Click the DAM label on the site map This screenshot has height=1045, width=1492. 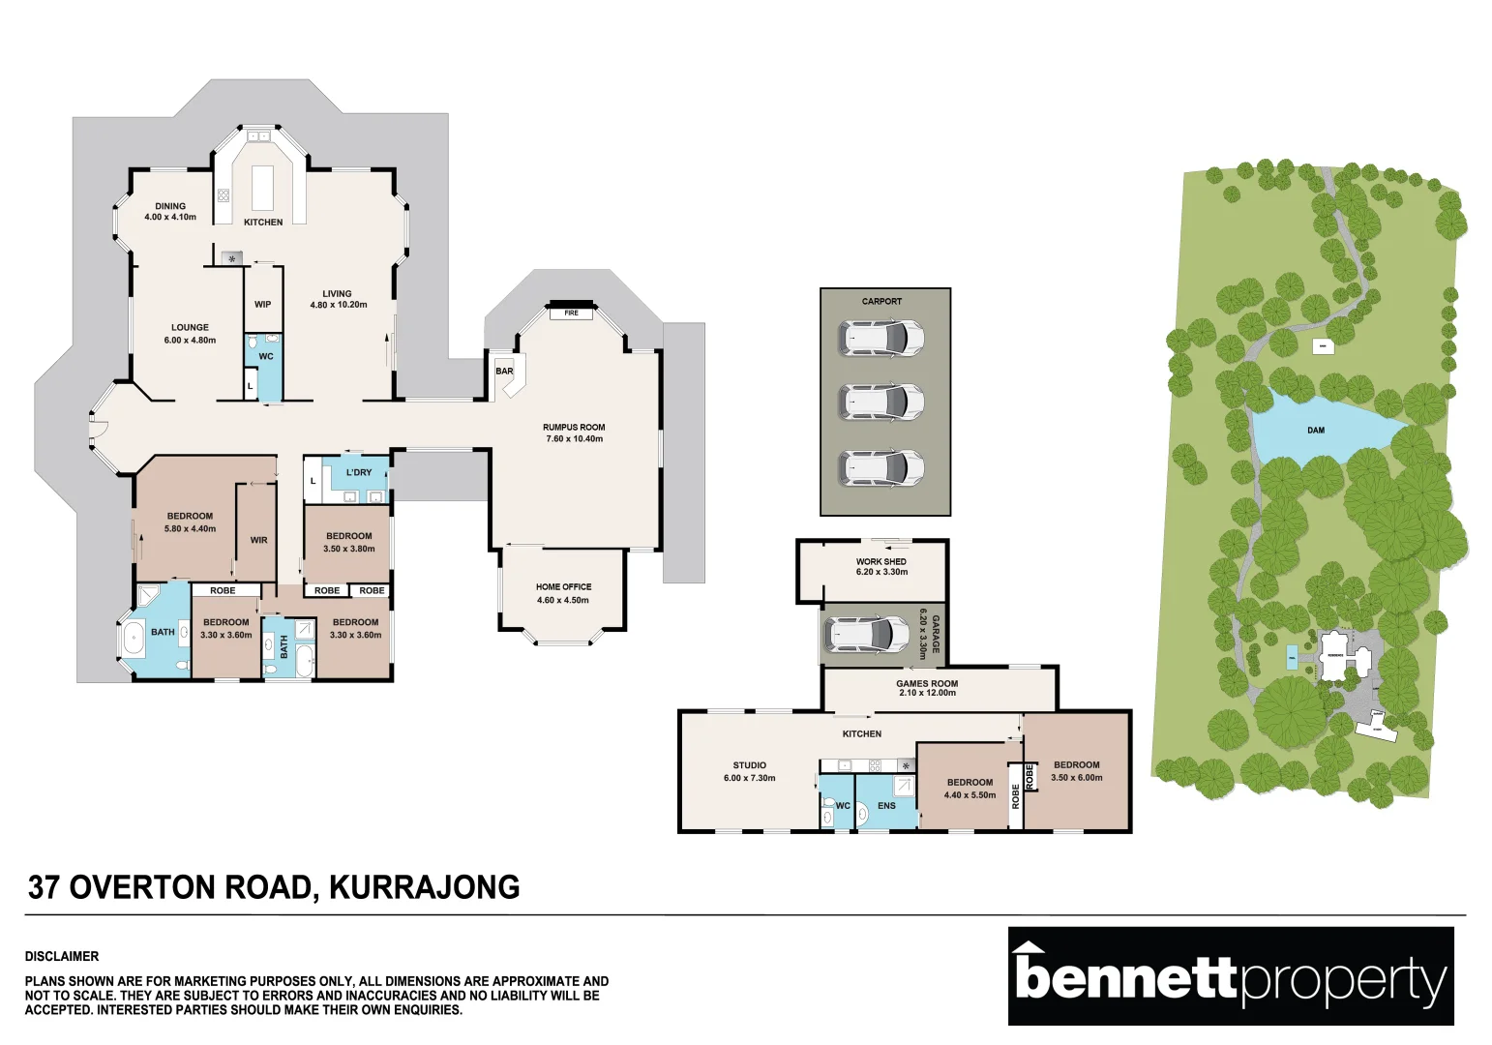click(x=1315, y=430)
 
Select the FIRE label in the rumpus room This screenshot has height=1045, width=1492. click(x=571, y=313)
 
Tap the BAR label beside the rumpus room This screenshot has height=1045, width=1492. click(x=504, y=372)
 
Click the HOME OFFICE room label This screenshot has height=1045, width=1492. click(x=563, y=586)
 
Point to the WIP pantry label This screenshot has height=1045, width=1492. click(x=262, y=304)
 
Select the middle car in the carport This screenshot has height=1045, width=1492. click(x=881, y=402)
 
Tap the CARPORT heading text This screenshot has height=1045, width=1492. click(x=881, y=301)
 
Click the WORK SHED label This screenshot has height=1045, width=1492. click(x=880, y=561)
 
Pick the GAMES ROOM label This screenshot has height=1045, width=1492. click(x=926, y=683)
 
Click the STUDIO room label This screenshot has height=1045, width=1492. click(x=749, y=765)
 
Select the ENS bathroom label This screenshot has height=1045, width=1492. click(x=886, y=805)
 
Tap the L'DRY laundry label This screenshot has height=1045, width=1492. click(x=359, y=472)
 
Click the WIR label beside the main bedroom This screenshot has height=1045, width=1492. click(x=258, y=540)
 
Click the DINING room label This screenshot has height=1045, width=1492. click(x=170, y=206)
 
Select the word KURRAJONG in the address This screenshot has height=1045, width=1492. click(x=425, y=887)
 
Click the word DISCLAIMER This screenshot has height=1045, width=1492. click(x=62, y=956)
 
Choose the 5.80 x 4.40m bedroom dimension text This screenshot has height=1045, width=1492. click(x=190, y=529)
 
